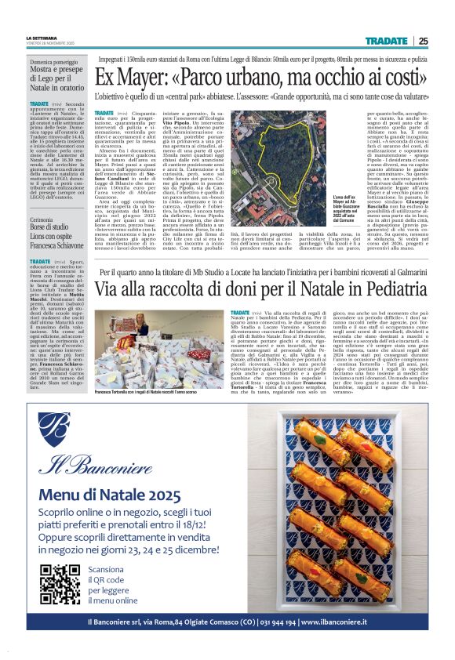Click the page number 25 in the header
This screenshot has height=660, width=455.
[422, 41]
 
